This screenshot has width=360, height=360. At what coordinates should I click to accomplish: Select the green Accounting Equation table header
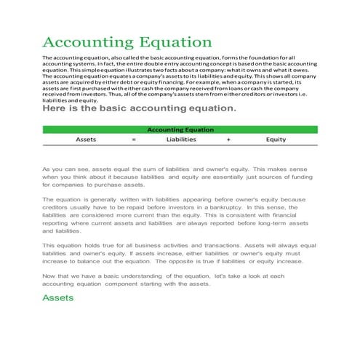(180, 129)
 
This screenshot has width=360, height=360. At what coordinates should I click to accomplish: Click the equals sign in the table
(133, 138)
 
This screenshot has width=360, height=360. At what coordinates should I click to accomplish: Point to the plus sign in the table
(228, 138)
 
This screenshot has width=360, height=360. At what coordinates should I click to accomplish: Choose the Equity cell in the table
(276, 138)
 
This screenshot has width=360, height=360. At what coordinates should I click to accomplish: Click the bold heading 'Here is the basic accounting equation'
(140, 109)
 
